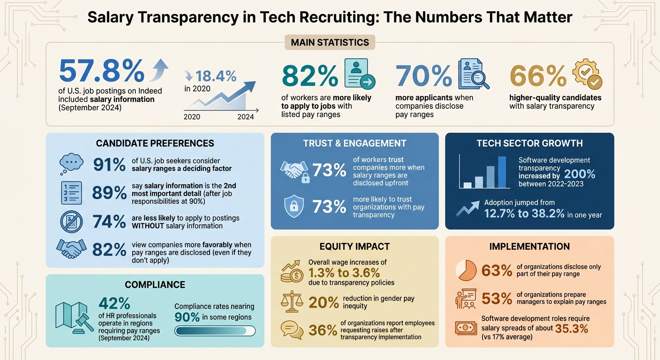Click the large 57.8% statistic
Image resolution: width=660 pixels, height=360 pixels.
click(102, 71)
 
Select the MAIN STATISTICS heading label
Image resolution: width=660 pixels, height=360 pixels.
click(330, 42)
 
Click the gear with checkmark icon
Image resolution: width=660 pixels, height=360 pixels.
click(587, 74)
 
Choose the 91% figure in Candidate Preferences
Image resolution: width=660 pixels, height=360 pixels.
click(109, 165)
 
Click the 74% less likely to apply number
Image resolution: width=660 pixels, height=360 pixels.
click(109, 222)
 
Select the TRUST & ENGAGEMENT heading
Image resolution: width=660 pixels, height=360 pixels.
click(354, 143)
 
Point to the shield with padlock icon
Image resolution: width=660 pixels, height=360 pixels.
click(294, 206)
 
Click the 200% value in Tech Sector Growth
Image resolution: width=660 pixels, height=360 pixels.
click(580, 174)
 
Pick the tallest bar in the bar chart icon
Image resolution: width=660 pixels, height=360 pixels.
click(502, 172)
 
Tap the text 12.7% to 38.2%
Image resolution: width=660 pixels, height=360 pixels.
click(525, 214)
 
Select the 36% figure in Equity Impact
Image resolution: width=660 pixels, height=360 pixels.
click(323, 330)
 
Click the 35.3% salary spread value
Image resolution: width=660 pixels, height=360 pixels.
click(571, 329)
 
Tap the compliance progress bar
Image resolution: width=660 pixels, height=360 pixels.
click(215, 331)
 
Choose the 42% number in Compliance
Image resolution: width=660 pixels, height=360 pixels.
click(114, 303)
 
